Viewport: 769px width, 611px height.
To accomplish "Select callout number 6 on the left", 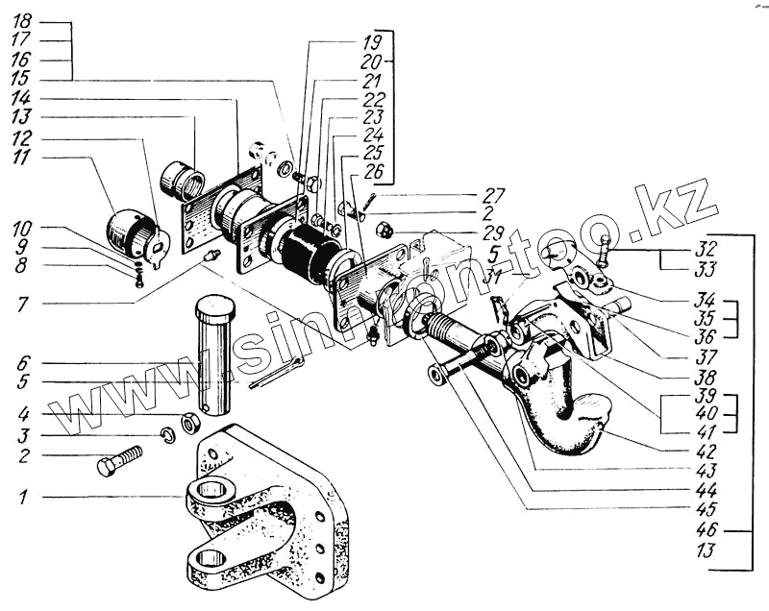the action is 22,363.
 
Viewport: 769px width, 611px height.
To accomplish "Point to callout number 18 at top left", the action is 22,21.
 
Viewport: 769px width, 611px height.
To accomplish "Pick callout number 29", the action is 495,234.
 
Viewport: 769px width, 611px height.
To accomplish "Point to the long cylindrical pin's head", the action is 215,309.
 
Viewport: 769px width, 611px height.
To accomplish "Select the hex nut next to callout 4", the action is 190,421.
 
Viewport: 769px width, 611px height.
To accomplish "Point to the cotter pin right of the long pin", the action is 276,374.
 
